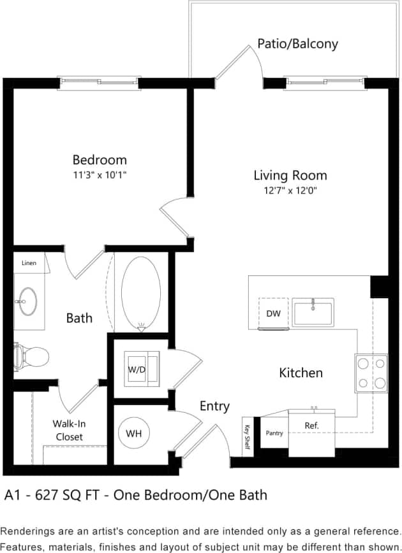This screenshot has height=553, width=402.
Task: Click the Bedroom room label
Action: click(100, 160)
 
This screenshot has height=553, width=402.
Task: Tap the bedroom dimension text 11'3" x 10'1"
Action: click(100, 174)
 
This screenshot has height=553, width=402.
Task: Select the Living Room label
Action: click(290, 175)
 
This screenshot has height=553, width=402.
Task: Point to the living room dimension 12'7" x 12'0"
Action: click(290, 190)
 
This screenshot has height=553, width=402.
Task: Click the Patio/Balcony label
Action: click(297, 44)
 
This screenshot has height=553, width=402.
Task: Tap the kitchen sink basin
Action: click(313, 312)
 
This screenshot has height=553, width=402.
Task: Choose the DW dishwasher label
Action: click(273, 313)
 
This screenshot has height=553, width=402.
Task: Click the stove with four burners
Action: click(371, 373)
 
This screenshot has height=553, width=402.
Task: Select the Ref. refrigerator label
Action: click(311, 425)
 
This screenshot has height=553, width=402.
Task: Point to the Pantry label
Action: click(274, 433)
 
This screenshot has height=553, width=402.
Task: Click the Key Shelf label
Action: click(246, 438)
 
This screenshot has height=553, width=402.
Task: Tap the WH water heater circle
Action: click(134, 434)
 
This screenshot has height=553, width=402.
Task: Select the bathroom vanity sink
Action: click(27, 301)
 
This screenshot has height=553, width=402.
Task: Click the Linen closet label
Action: click(29, 262)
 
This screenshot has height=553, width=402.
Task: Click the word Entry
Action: click(214, 406)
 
